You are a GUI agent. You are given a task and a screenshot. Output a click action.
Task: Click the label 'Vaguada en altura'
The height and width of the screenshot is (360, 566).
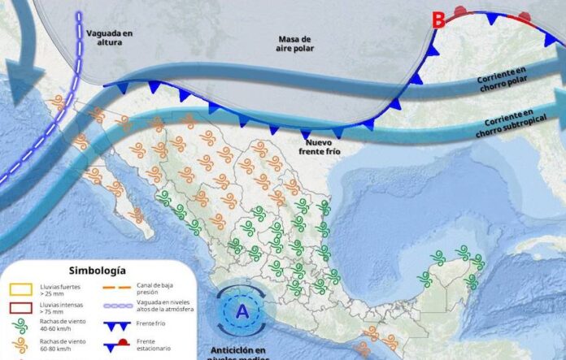tap(108, 37)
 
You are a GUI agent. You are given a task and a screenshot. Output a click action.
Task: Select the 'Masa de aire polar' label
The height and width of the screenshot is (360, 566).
tap(294, 45)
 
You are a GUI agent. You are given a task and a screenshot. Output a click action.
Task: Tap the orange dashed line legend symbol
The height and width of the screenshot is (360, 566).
tap(118, 287)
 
